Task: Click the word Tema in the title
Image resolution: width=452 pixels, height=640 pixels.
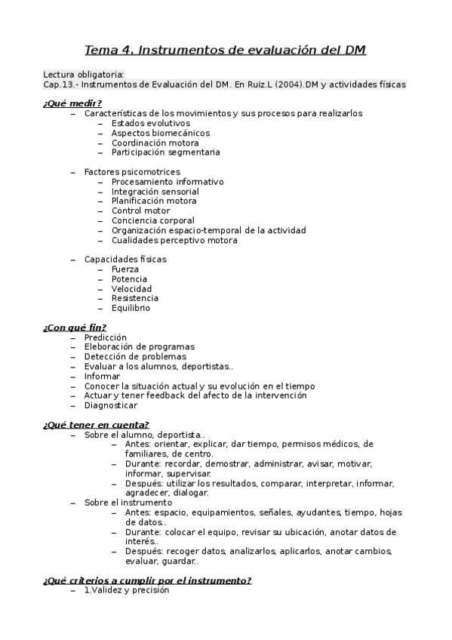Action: pos(100,51)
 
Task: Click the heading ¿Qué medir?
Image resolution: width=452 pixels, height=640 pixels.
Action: pos(72,103)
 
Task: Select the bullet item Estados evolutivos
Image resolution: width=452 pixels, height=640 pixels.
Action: pos(150,123)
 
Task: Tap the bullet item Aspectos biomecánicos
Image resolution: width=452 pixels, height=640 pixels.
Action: pos(160,133)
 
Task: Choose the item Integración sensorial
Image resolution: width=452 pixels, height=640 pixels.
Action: pos(155,192)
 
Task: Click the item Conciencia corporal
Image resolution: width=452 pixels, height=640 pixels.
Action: pos(152,221)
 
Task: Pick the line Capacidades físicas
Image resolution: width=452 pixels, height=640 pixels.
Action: pos(125,259)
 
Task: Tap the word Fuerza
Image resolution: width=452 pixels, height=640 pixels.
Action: pos(125,269)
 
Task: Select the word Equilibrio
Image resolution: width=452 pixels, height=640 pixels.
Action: pos(131,308)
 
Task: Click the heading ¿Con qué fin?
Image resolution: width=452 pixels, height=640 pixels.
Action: pos(74,328)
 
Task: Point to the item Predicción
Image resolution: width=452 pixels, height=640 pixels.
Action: pos(106,337)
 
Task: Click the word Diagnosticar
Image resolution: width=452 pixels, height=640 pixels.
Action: pos(111,405)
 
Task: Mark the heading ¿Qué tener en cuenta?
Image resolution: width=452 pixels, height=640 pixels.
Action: pos(96,425)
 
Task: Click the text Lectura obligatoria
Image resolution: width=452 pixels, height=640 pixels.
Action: pos(84,75)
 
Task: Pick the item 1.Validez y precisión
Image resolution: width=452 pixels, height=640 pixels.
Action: pos(127,590)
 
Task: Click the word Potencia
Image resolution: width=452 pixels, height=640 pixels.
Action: pos(129,279)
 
